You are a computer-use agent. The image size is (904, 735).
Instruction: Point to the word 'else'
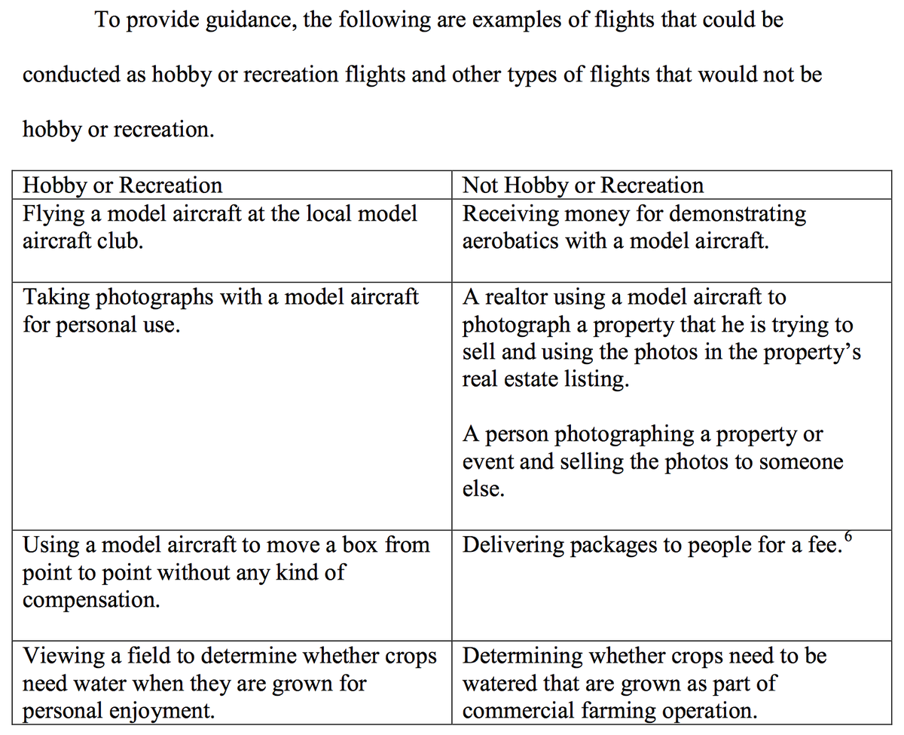[x=481, y=490]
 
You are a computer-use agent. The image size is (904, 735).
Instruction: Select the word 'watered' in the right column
[x=500, y=684]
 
